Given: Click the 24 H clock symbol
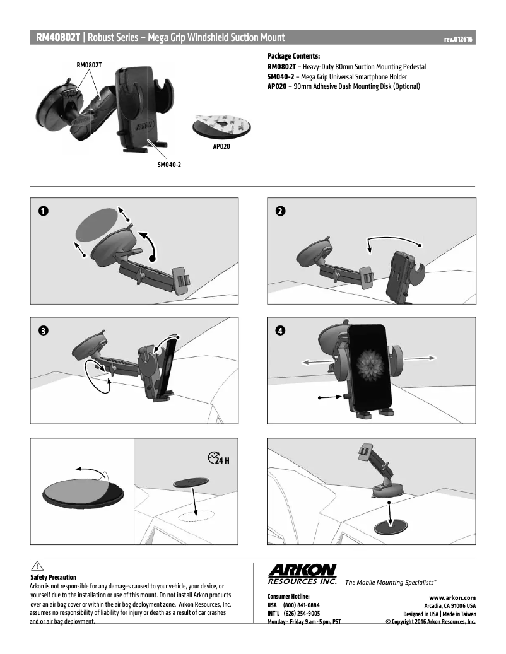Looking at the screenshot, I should point(218,458).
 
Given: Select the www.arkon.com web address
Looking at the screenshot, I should point(452,597).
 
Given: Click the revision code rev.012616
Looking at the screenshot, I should point(458,39).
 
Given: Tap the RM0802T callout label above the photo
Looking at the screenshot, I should point(90,65).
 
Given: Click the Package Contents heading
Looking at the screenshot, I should point(293,56).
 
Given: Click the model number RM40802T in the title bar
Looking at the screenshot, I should point(58,38).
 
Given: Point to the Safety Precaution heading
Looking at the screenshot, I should point(53,577).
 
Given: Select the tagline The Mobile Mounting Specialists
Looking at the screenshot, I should point(391,582).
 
